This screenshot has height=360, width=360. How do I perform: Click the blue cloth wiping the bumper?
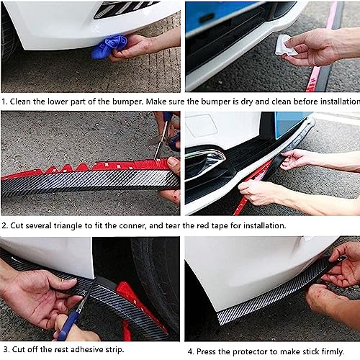tap(109, 47)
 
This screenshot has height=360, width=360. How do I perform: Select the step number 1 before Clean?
tap(4, 102)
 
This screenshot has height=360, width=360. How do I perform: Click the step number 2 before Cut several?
tap(4, 225)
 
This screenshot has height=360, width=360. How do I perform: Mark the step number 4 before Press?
tap(191, 351)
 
